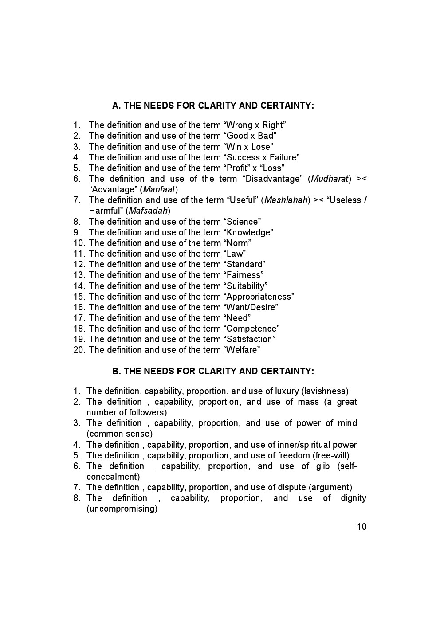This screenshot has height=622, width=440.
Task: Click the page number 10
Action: (x=361, y=527)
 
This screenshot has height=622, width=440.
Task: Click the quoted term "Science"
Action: (x=243, y=222)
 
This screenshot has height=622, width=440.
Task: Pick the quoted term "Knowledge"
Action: (x=249, y=232)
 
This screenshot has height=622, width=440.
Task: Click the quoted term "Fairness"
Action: (x=244, y=275)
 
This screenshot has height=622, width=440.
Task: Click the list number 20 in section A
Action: (x=79, y=350)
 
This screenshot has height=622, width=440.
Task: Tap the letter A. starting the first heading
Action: (x=116, y=106)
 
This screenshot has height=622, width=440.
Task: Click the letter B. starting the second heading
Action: (x=116, y=371)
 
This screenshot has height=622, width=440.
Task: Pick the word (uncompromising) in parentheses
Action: (x=122, y=509)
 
